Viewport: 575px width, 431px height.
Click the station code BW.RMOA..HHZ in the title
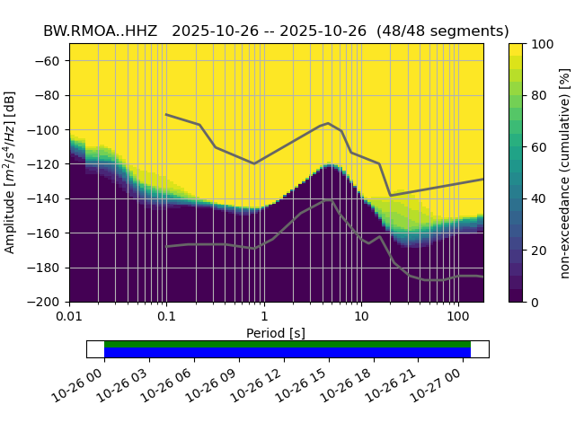click(100, 31)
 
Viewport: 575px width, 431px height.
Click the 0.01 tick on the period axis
click(69, 317)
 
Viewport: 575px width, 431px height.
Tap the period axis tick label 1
click(263, 317)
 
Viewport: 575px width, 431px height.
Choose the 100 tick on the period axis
click(458, 317)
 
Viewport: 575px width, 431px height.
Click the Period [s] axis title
click(276, 333)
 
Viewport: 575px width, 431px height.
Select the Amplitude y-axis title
click(10, 172)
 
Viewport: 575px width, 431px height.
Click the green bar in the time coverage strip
click(287, 344)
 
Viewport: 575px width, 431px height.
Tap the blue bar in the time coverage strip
click(287, 353)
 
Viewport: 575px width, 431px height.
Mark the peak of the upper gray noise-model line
click(328, 123)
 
